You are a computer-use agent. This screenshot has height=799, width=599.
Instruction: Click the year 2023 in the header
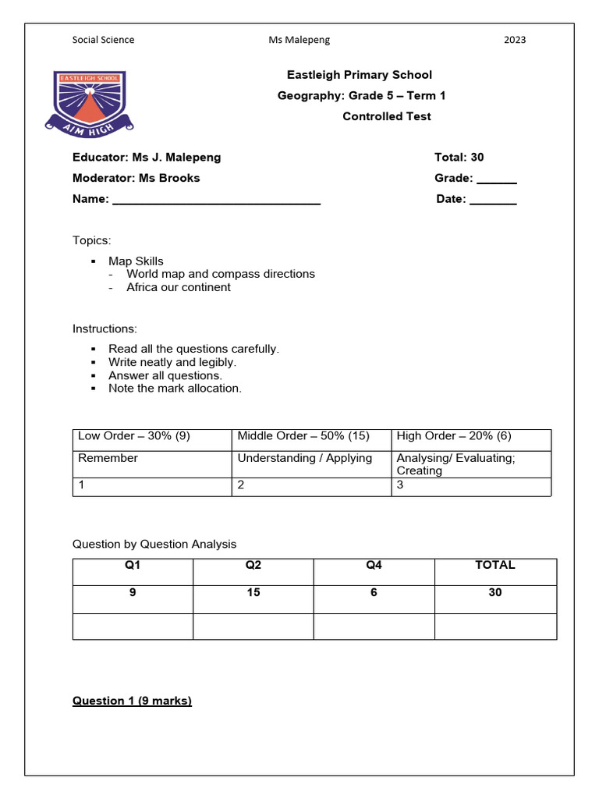point(515,40)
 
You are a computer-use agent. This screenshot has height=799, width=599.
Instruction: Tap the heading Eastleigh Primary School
point(359,75)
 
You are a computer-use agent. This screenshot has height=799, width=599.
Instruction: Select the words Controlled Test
point(386,116)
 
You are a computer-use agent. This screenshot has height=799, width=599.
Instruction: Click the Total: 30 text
point(459,158)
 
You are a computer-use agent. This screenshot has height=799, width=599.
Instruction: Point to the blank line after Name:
point(216,201)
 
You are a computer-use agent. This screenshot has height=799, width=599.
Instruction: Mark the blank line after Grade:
point(496,179)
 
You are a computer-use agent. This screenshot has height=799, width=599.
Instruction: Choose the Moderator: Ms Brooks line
point(136,178)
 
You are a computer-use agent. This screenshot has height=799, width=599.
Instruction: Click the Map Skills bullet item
point(136,261)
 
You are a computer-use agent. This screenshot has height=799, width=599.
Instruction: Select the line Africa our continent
point(179,287)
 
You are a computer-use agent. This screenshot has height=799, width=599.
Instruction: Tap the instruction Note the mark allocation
point(175,388)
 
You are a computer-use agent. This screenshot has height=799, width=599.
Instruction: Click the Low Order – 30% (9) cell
point(133,436)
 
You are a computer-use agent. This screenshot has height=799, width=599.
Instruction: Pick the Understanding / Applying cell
point(304,458)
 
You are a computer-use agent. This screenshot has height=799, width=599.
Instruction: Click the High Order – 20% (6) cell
point(454,436)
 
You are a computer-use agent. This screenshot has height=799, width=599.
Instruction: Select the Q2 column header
point(253,565)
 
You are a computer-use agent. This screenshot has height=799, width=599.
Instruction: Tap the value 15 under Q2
point(253,593)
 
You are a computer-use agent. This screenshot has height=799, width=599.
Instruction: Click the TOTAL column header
point(494,565)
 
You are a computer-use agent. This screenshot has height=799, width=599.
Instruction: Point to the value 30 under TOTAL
point(494,593)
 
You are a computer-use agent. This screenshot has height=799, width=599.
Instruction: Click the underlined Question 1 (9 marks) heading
point(132,701)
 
